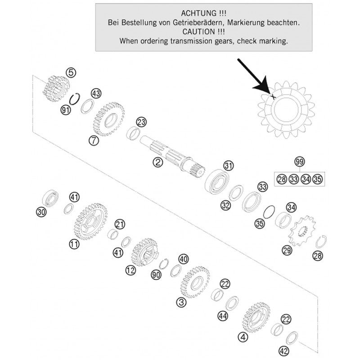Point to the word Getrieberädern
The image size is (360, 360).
208,22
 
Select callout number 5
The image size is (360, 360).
71,72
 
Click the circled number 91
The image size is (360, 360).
66,110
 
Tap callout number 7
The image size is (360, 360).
93,140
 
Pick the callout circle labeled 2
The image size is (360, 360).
157,163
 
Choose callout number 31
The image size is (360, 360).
229,166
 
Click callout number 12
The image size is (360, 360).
130,270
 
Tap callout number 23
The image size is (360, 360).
141,122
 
